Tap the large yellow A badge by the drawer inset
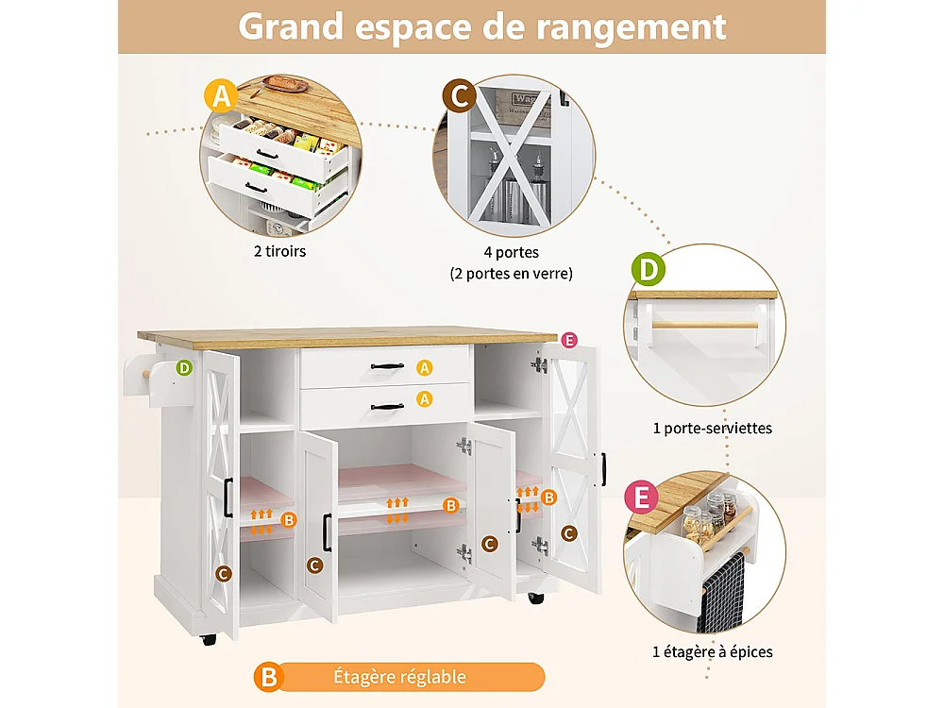tap(222, 95)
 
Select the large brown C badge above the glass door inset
tap(460, 95)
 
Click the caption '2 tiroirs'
tap(280, 252)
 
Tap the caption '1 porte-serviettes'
tap(713, 428)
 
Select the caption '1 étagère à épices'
tap(713, 651)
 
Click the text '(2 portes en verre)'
tap(511, 274)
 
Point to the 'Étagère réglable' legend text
tap(400, 677)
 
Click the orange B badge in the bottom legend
tap(269, 677)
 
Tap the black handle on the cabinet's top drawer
tap(387, 366)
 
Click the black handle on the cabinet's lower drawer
tap(387, 407)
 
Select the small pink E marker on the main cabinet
tap(568, 340)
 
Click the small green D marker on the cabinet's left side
tap(185, 367)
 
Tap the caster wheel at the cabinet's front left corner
tap(209, 639)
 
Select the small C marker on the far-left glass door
tap(224, 572)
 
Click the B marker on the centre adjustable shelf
tap(451, 506)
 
